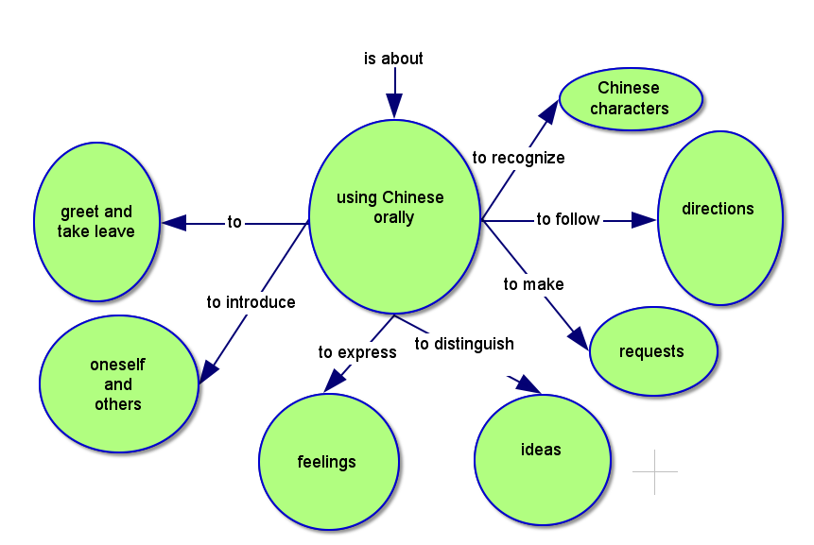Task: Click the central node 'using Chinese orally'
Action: click(394, 216)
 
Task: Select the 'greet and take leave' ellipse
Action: click(95, 222)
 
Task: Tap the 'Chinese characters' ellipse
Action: click(631, 98)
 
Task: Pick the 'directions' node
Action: click(719, 217)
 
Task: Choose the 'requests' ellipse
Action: click(652, 351)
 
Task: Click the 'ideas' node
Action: click(542, 457)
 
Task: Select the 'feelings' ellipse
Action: click(327, 462)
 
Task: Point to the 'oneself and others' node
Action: click(118, 383)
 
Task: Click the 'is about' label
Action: click(393, 59)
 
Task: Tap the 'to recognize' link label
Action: click(518, 158)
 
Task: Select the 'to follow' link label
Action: click(568, 219)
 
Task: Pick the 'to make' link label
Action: click(533, 283)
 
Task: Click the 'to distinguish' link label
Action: click(464, 343)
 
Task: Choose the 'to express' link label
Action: click(357, 352)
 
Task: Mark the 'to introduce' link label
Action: click(251, 302)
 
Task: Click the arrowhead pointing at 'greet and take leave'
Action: click(174, 223)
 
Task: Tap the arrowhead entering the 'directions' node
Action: click(643, 220)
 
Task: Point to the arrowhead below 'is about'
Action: click(393, 106)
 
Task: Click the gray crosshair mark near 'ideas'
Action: click(654, 470)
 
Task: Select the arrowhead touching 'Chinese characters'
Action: click(549, 111)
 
